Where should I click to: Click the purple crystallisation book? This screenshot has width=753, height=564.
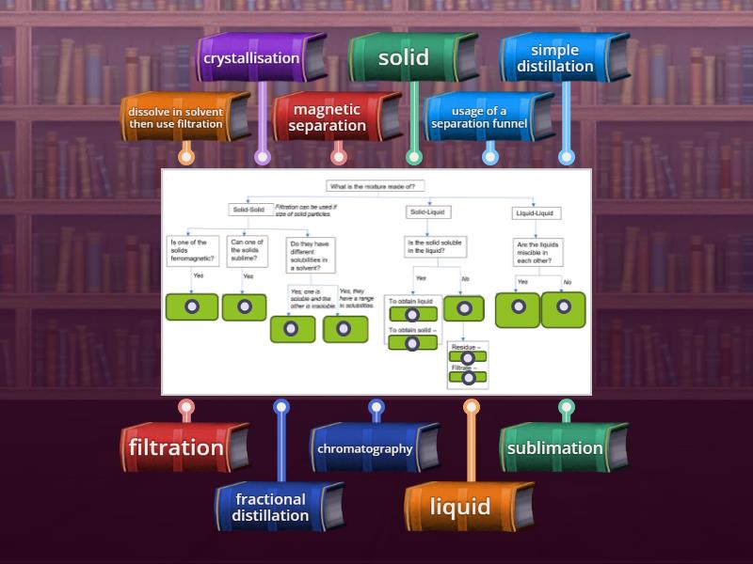point(252,58)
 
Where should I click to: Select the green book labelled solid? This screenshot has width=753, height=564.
point(405,58)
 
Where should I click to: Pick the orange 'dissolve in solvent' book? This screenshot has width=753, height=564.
point(177,117)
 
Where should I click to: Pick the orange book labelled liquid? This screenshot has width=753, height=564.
point(461,508)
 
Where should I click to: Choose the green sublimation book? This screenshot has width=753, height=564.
point(555,447)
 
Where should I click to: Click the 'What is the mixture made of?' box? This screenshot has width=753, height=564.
point(376,186)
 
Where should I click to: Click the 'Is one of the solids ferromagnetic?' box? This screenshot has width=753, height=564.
point(191,251)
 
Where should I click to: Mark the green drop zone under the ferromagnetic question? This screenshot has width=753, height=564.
point(191,306)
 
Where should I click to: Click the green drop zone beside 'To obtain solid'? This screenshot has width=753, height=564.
point(412,342)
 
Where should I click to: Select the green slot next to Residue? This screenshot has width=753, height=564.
point(468,358)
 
